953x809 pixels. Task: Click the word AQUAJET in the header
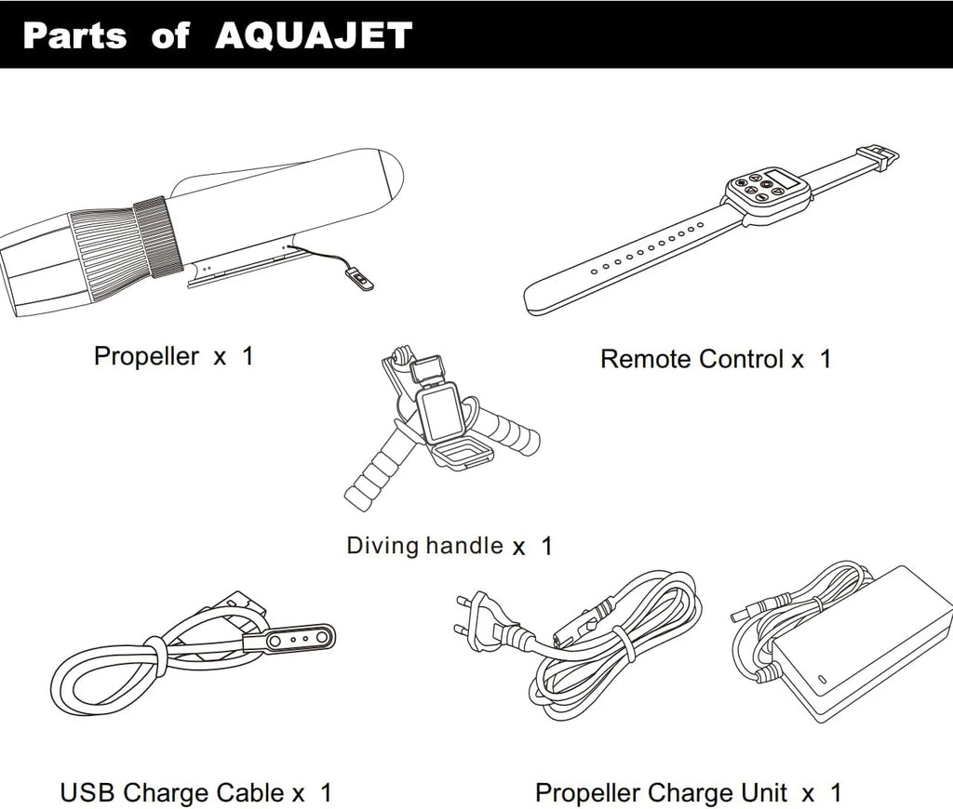314,35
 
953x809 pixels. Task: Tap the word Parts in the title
75,35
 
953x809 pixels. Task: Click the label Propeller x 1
174,356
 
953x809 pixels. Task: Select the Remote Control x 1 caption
716,359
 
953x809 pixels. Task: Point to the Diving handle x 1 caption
450,546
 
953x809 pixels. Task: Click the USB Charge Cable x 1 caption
195,792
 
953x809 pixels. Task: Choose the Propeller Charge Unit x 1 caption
688,792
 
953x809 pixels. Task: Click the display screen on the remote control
780,179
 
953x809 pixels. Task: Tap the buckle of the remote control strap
878,158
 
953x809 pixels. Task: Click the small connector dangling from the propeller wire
359,279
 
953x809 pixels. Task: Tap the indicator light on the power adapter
821,679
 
